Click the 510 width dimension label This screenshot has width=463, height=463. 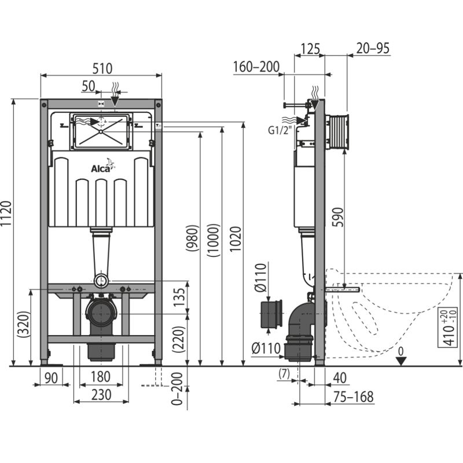click(x=101, y=68)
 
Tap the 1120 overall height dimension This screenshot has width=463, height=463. click(x=6, y=231)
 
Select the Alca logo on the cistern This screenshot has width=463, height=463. click(x=103, y=168)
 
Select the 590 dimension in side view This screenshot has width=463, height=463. click(x=337, y=221)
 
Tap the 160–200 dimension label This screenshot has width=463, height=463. click(x=256, y=67)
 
